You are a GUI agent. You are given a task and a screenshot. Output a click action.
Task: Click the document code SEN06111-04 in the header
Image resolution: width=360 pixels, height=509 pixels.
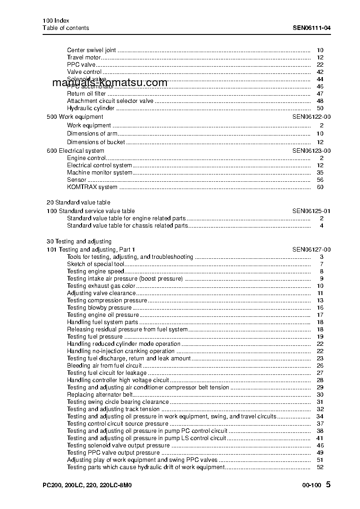(x=311, y=28)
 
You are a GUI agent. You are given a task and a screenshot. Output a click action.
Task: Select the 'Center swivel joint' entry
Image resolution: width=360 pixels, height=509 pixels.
(x=91, y=50)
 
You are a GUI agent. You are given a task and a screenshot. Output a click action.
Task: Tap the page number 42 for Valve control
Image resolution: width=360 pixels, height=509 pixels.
(x=320, y=72)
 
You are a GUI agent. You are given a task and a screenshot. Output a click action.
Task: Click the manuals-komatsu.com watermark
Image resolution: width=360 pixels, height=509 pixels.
(x=110, y=83)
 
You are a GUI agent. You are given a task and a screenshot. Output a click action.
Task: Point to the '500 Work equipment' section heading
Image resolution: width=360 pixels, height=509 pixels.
(x=75, y=117)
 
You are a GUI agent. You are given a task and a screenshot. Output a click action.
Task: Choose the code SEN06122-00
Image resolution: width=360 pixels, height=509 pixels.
(x=311, y=117)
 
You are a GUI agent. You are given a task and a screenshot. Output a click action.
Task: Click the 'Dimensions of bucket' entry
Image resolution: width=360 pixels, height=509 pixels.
(x=96, y=142)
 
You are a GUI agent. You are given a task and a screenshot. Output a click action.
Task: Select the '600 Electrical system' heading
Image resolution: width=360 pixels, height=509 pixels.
(x=75, y=151)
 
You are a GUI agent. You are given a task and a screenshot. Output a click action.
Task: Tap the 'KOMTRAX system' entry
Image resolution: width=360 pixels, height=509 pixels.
(x=92, y=187)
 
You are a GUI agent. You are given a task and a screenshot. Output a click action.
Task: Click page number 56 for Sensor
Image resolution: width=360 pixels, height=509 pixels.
(x=320, y=180)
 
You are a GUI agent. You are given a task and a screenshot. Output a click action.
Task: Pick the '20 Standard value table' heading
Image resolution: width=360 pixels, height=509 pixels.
(x=78, y=203)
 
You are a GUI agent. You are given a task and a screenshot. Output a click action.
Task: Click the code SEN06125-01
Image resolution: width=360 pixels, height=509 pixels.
(x=311, y=211)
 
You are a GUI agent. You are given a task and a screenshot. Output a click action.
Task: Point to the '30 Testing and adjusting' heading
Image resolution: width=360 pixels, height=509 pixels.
(x=79, y=242)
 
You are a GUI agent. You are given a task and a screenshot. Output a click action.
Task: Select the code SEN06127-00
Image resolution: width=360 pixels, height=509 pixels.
(x=311, y=250)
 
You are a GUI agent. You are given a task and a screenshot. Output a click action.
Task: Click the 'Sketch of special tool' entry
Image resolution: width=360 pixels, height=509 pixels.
(x=96, y=264)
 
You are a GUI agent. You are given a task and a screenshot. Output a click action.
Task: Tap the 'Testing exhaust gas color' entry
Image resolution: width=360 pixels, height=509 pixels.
(x=101, y=286)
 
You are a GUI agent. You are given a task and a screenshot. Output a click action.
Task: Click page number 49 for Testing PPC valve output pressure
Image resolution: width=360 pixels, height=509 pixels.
(x=320, y=453)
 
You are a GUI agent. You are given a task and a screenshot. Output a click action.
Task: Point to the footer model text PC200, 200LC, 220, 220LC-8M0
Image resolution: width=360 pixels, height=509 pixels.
(x=87, y=485)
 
